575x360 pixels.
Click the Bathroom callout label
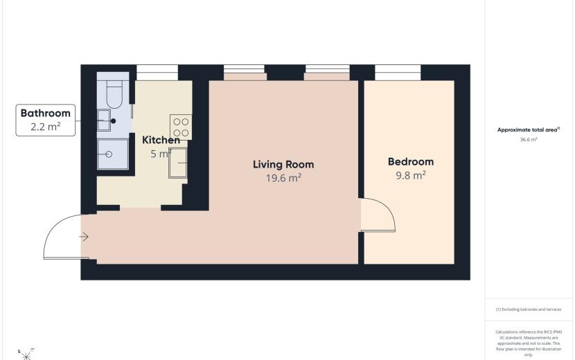pyautogui.click(x=46, y=113)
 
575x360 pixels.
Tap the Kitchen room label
pyautogui.click(x=161, y=140)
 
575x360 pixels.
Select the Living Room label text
pyautogui.click(x=283, y=164)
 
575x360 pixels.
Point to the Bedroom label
pyautogui.click(x=411, y=162)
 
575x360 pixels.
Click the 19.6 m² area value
pyautogui.click(x=283, y=178)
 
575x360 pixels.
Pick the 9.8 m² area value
pyautogui.click(x=411, y=175)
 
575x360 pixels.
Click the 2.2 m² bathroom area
pyautogui.click(x=46, y=127)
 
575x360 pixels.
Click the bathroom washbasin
pyautogui.click(x=104, y=120)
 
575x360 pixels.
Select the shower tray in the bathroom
pyautogui.click(x=113, y=154)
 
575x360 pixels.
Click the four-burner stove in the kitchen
pyautogui.click(x=181, y=127)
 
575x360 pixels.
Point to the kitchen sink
pyautogui.click(x=178, y=163)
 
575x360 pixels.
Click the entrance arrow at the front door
pyautogui.click(x=84, y=237)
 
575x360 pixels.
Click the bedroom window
pyautogui.click(x=398, y=73)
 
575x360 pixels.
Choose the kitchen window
pyautogui.click(x=157, y=73)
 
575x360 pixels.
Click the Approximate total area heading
pyautogui.click(x=529, y=129)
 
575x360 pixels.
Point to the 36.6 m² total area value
pyautogui.click(x=529, y=140)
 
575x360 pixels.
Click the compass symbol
pyautogui.click(x=26, y=355)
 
